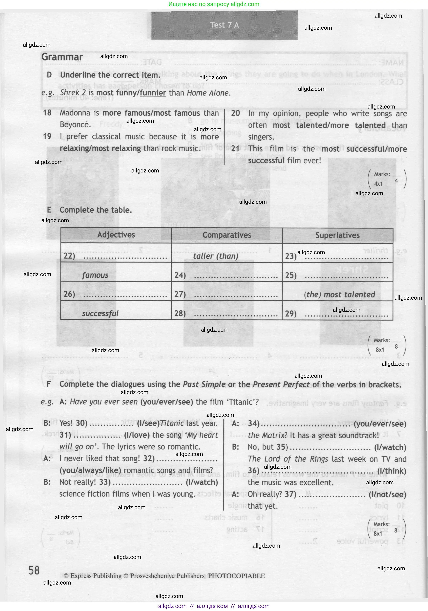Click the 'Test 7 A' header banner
tap(224, 25)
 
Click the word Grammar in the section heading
tap(62, 57)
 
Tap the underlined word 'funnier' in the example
tap(153, 93)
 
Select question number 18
tap(47, 113)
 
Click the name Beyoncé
tap(75, 125)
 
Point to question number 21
tap(235, 149)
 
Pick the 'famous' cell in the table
tap(95, 275)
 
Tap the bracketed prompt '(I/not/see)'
tap(387, 495)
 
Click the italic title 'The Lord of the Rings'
tap(288, 459)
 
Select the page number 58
tap(34, 571)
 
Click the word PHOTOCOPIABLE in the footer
tap(237, 576)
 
